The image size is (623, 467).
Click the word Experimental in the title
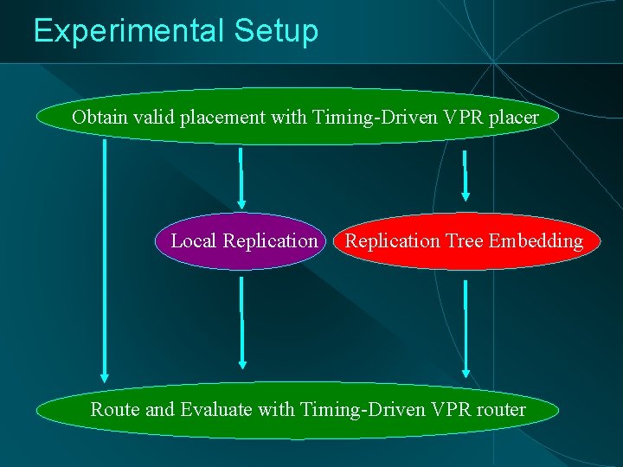tap(128, 31)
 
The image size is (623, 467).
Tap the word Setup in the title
tap(275, 31)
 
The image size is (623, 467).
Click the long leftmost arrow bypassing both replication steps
tap(105, 259)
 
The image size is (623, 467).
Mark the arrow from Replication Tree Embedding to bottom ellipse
tap(466, 329)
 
